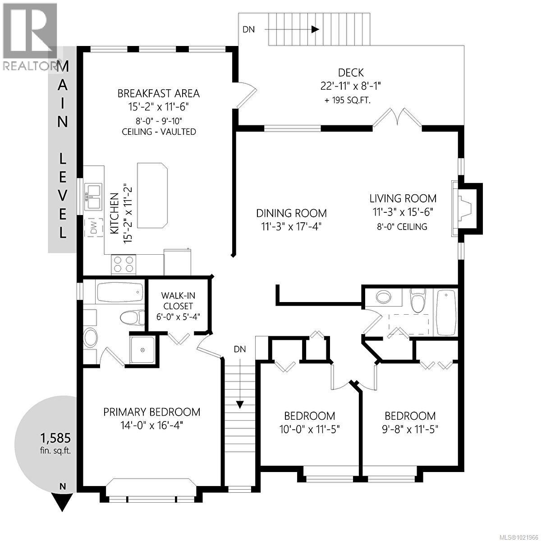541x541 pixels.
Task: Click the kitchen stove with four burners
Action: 124,264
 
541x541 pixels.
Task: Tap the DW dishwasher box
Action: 94,229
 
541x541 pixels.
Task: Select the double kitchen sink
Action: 93,197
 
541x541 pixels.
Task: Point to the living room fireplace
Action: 464,208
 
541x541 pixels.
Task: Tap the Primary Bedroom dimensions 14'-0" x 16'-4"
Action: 151,425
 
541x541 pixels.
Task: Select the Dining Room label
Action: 291,213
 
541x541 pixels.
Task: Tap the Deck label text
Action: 351,73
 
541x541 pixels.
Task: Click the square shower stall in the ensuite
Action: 143,350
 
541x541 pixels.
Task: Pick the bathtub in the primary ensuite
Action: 120,293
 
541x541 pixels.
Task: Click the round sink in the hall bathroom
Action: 384,297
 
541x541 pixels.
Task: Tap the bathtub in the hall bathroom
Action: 445,312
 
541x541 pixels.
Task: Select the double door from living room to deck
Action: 397,119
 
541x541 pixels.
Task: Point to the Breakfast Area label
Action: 158,93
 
